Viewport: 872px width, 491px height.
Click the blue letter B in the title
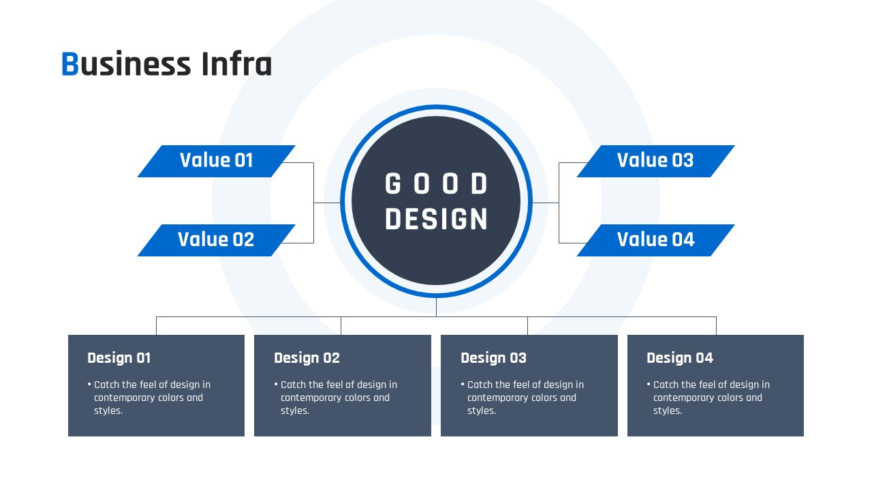(x=70, y=63)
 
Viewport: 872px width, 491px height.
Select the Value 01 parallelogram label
(x=217, y=162)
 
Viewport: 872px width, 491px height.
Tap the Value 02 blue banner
(x=217, y=241)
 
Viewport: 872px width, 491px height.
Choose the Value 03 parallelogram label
(x=655, y=162)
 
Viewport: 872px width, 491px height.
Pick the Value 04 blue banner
(x=655, y=241)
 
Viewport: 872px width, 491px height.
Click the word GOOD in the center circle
(x=436, y=183)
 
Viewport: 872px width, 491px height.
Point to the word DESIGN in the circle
(x=436, y=219)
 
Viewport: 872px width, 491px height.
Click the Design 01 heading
(x=119, y=358)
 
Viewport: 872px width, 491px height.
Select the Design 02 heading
(x=307, y=358)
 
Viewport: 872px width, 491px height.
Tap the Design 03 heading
(x=493, y=358)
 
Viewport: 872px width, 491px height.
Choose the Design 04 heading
(x=680, y=358)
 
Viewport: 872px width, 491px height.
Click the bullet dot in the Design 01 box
(x=89, y=384)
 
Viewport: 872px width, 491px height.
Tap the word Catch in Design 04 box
(x=666, y=385)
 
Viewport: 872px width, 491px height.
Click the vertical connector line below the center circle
(x=436, y=307)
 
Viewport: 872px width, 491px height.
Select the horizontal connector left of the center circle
(x=327, y=203)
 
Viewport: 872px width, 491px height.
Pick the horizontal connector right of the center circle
(x=545, y=203)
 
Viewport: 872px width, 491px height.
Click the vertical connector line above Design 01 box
(x=156, y=326)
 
